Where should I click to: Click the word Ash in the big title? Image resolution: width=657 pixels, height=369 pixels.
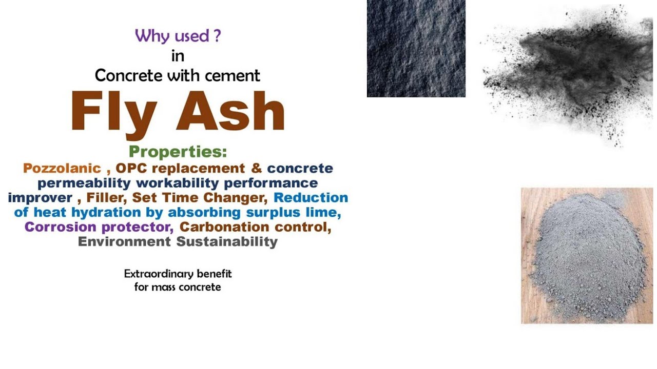click(x=230, y=111)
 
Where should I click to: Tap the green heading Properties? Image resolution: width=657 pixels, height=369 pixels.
click(x=178, y=152)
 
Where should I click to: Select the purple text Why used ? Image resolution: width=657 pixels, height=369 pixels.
click(x=178, y=36)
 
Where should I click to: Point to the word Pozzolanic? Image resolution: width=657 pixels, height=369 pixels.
click(x=62, y=168)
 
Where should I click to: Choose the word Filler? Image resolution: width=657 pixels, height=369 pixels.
click(x=107, y=197)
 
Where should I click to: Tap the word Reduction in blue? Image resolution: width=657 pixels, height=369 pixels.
click(x=311, y=197)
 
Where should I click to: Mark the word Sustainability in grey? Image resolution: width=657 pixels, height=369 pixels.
click(x=227, y=241)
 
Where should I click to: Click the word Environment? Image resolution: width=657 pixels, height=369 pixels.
click(x=124, y=241)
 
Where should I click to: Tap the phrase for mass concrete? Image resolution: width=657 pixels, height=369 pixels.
click(x=178, y=287)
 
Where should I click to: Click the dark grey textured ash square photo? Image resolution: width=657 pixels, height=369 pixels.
click(x=416, y=48)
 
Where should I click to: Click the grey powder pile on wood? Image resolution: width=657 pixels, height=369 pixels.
click(x=587, y=256)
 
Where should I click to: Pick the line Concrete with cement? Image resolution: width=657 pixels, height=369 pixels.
click(x=178, y=76)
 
